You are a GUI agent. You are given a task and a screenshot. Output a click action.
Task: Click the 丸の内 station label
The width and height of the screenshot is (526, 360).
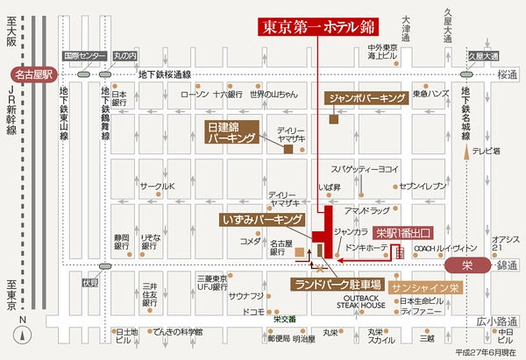pyautogui.click(x=124, y=56)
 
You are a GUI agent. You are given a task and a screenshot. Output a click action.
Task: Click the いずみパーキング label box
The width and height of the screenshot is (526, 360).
pyautogui.click(x=262, y=217)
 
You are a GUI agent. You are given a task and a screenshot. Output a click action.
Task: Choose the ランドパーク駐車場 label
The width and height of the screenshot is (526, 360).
pyautogui.click(x=337, y=285)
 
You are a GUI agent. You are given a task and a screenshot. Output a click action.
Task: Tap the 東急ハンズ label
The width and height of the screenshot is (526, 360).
pyautogui.click(x=431, y=94)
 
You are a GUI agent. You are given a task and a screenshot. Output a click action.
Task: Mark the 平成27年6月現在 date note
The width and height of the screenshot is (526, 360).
pyautogui.click(x=487, y=352)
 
